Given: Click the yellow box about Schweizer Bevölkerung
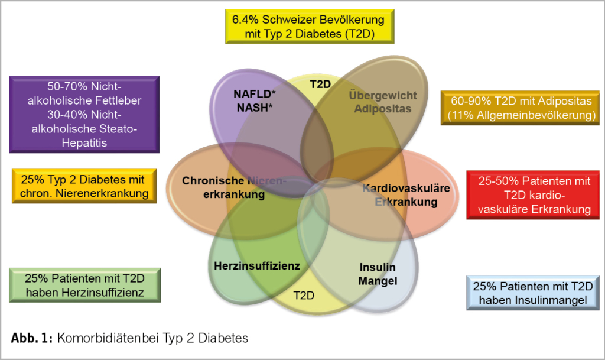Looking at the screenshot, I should [310, 27].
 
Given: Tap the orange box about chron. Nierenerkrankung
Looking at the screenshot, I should [85, 186].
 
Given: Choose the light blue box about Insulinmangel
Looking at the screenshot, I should [534, 293].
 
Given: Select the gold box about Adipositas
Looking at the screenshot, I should [518, 108].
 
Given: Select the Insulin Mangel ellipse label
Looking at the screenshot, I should [378, 273].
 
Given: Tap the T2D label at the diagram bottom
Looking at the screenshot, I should [304, 294].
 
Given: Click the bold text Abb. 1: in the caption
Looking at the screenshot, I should [32, 338].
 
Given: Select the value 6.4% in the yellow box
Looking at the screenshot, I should [247, 20].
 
